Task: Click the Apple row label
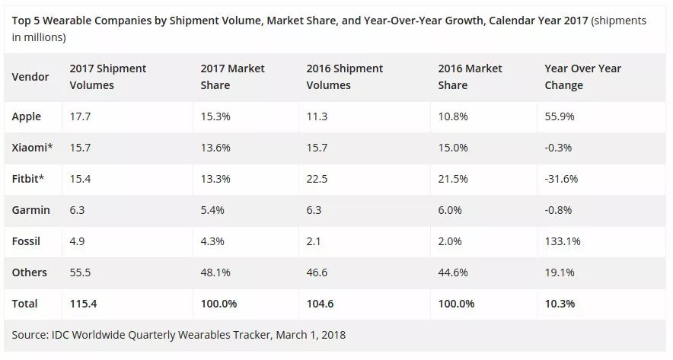(27, 116)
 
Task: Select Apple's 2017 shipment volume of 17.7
(79, 116)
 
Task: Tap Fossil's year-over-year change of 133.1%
(562, 241)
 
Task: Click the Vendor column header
(30, 77)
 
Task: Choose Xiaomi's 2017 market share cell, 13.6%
(215, 148)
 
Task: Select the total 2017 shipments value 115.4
(84, 304)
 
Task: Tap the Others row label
(30, 272)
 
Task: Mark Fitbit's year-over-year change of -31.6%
(562, 179)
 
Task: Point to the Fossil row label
(26, 241)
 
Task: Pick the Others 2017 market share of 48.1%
(215, 272)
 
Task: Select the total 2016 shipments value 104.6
(321, 304)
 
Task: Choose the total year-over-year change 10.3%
(560, 304)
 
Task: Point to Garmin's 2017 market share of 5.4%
(212, 210)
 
